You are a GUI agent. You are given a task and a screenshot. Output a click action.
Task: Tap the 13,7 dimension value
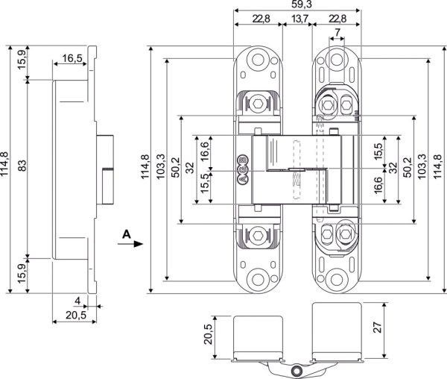[x=300, y=18]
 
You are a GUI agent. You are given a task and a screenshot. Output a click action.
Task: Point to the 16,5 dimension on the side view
[x=72, y=57]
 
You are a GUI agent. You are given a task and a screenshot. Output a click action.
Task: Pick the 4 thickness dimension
[x=77, y=301]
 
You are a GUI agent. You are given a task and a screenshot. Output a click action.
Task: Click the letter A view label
[x=127, y=234]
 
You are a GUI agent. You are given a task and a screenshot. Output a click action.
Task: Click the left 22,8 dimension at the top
[x=256, y=18]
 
